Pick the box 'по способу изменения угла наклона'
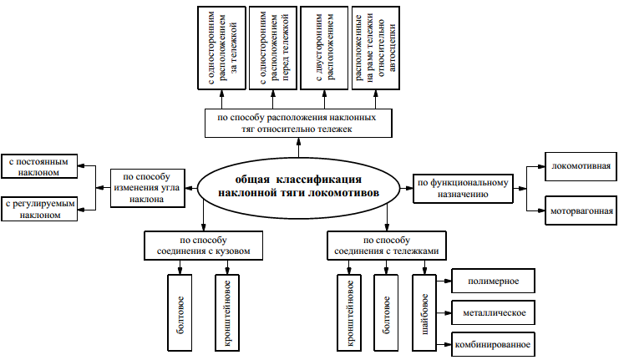(x=145, y=187)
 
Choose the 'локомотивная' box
(x=581, y=166)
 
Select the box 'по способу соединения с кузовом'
(x=202, y=246)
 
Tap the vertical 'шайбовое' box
(x=424, y=310)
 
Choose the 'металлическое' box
(x=492, y=313)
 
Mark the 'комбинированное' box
(x=492, y=342)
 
